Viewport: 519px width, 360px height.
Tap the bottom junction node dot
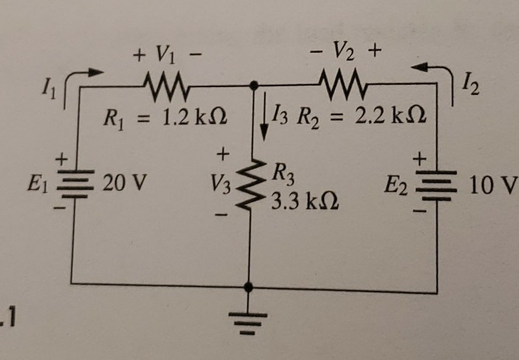tap(249, 285)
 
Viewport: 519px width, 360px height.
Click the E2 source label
tap(395, 186)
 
